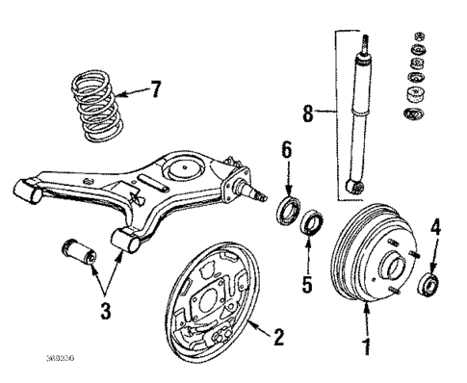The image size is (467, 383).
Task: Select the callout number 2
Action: tap(277, 337)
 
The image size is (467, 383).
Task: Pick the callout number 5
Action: tap(308, 285)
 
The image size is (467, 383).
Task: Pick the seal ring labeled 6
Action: tap(287, 212)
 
